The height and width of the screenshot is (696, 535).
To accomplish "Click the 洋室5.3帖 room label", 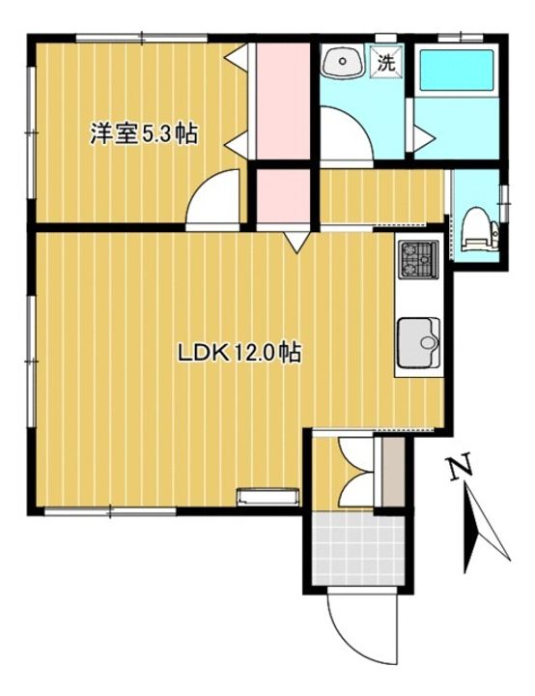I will (x=143, y=134).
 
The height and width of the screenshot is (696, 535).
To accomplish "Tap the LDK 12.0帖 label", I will (x=238, y=354).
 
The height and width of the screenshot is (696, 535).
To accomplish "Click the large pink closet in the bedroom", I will (x=281, y=100).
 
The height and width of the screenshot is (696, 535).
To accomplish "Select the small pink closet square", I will (x=281, y=197).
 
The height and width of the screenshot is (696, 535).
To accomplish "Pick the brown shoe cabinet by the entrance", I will (x=392, y=471).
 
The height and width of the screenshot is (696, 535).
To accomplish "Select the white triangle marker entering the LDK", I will (x=296, y=242).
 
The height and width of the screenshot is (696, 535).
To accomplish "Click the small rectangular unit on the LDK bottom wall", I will (x=268, y=498).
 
